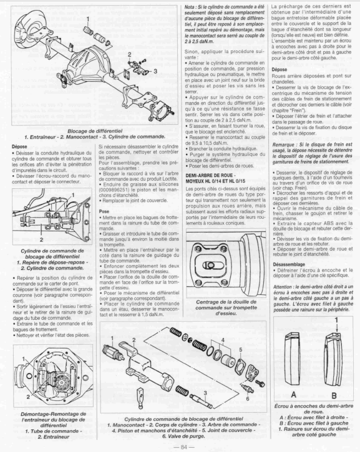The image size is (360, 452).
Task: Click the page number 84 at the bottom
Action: coord(183,447)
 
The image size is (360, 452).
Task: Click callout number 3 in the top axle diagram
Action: coord(155,71)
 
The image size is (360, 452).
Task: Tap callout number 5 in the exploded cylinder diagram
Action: coord(240,350)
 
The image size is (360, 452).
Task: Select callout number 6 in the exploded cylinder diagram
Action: coord(248,398)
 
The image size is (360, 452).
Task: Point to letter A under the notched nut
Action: coord(293,395)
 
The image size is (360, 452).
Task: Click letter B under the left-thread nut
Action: coord(334,395)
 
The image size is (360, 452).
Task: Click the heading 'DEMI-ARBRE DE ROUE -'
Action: coord(211,175)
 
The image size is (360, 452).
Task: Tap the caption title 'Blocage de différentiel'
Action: coord(95,131)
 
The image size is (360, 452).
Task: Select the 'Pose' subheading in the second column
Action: coord(104,211)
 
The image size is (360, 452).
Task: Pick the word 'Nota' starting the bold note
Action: coord(189,6)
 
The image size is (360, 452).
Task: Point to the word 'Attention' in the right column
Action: coord(283,287)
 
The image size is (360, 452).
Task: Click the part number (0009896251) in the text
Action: coord(113,190)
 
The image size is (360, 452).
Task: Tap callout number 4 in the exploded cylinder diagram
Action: coord(223,340)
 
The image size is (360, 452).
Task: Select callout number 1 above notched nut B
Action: coord(336,320)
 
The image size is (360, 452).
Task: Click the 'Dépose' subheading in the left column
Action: coord(19,147)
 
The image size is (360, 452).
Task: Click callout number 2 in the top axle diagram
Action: coord(130,54)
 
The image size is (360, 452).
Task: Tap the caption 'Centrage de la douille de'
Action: coord(226,302)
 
